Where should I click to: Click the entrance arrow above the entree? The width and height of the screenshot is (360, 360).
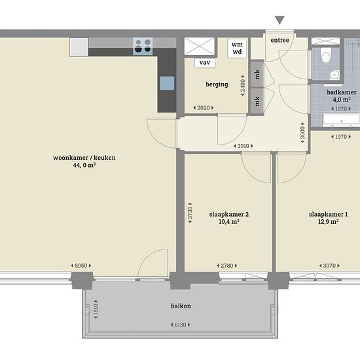(x=279, y=20)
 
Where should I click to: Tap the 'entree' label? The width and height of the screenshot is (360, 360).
(x=279, y=40)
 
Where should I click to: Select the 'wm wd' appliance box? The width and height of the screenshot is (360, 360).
(x=237, y=48)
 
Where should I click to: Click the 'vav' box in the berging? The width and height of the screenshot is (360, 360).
(x=205, y=62)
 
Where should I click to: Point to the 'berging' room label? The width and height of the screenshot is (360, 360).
(x=217, y=84)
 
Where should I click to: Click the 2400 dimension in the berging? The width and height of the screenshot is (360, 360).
(x=243, y=85)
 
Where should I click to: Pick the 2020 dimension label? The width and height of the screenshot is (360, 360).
(x=204, y=107)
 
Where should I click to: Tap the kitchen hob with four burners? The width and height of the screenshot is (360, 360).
(x=143, y=46)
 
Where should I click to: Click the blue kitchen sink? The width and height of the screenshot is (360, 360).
(x=167, y=83)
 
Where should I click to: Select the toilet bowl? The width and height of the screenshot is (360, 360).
(x=325, y=56)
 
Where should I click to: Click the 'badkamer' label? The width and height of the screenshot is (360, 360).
(x=342, y=92)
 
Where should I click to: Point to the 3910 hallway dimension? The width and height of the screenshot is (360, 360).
(x=243, y=146)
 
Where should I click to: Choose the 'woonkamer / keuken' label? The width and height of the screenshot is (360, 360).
(x=84, y=158)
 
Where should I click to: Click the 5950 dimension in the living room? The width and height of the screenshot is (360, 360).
(x=81, y=266)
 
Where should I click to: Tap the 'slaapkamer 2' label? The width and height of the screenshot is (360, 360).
(x=229, y=215)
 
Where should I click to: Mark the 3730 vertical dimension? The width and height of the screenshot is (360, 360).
(x=190, y=213)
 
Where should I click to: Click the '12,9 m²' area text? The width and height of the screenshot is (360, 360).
(x=328, y=221)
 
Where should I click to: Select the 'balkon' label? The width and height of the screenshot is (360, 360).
(x=181, y=306)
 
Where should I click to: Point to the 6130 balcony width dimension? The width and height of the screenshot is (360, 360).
(x=180, y=325)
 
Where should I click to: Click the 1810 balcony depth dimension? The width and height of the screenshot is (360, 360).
(x=96, y=309)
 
